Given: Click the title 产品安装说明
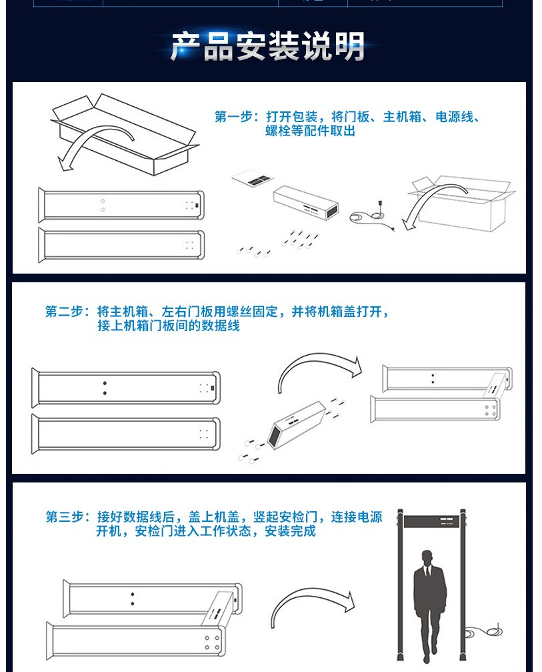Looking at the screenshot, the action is pyautogui.click(x=267, y=46).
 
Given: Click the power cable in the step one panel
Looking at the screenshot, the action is pyautogui.click(x=371, y=216).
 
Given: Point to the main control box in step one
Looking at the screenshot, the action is pyautogui.click(x=306, y=202).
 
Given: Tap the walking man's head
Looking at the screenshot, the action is pyautogui.click(x=427, y=558).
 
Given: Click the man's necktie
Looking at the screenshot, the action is pyautogui.click(x=427, y=572).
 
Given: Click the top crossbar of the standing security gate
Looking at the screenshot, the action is pyautogui.click(x=431, y=521).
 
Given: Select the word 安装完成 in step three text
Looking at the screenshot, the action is pyautogui.click(x=290, y=531).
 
